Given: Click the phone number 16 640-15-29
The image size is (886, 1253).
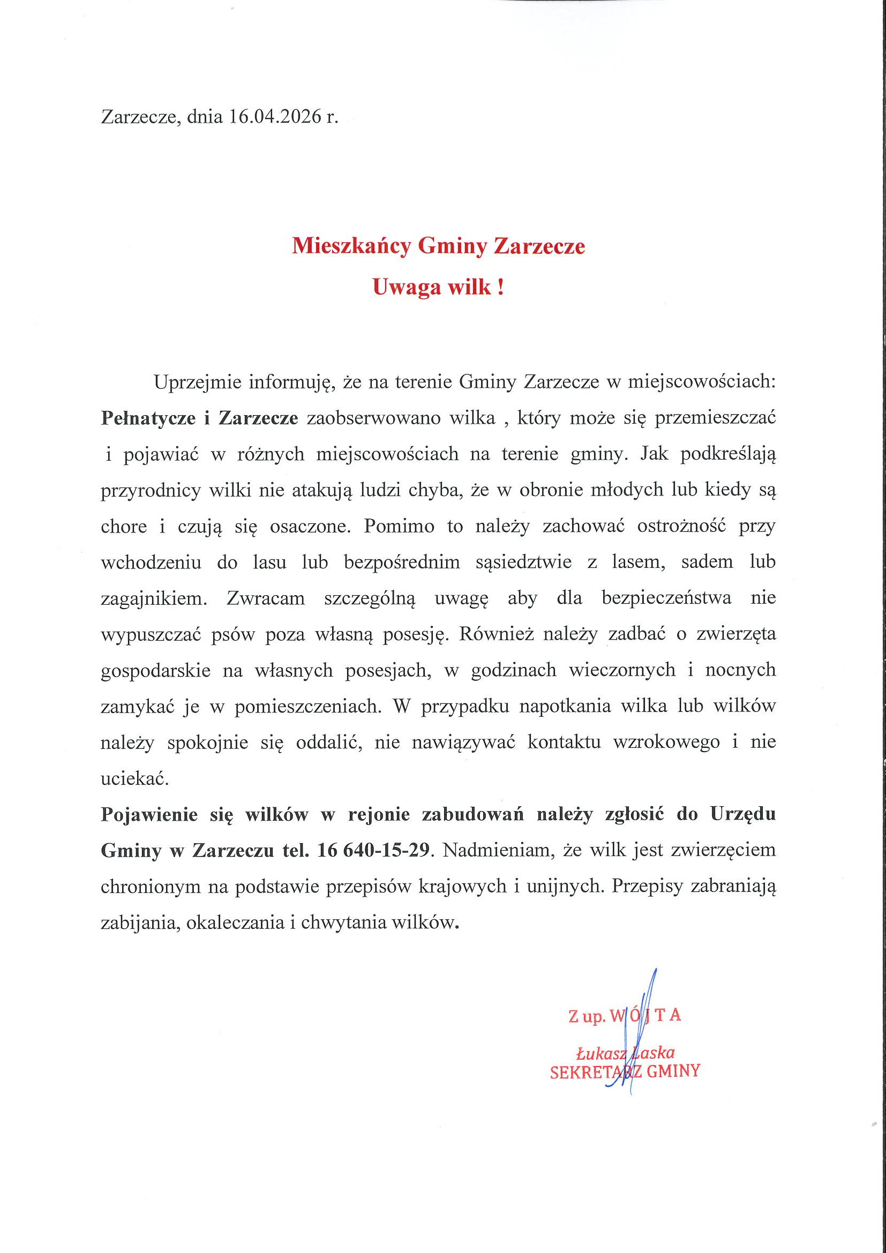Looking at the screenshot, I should click(x=373, y=851).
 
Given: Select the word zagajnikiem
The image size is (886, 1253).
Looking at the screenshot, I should click(x=152, y=599).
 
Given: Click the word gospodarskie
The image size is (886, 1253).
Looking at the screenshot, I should click(x=155, y=670).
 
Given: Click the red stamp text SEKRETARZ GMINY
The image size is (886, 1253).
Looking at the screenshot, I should click(x=625, y=1071).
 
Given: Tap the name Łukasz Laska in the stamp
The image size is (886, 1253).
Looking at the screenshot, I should click(x=626, y=1052).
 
